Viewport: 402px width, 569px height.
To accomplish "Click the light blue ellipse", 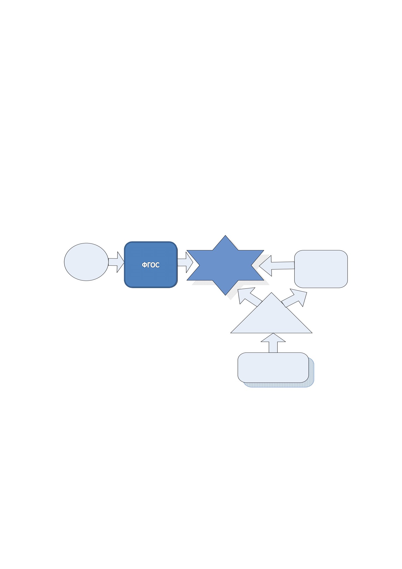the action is [x=86, y=262].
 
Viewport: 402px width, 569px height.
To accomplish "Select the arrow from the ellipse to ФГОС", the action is [x=116, y=262].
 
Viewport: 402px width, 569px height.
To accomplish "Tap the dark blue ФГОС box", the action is [x=151, y=265].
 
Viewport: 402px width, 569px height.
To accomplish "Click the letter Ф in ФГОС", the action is [x=144, y=265].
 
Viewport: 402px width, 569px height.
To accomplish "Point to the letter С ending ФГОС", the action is [x=157, y=265].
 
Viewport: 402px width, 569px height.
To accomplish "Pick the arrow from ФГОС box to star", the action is [x=185, y=262].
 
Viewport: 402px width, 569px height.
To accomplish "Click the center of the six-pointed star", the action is [x=225, y=265].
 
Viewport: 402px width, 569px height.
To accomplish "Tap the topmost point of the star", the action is [x=225, y=235].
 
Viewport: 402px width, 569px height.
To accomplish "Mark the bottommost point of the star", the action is [x=225, y=295].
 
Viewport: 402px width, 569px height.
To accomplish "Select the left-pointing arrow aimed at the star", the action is [x=277, y=266].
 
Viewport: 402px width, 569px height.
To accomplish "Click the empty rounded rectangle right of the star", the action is [x=321, y=269].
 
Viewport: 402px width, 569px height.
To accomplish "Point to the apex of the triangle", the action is [x=271, y=293].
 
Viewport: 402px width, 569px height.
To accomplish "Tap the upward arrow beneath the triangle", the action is [x=273, y=343].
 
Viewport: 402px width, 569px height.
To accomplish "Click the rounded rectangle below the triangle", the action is [x=273, y=367].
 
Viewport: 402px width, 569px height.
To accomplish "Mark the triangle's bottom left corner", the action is [x=231, y=333].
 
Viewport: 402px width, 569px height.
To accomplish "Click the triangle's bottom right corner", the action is [x=312, y=333].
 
